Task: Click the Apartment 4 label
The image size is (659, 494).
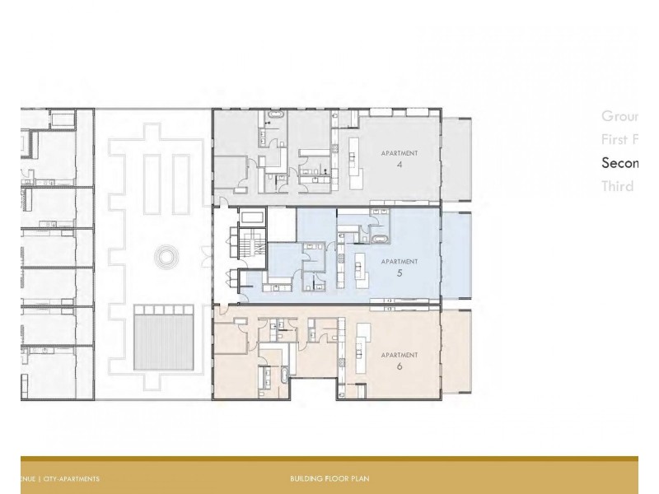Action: (399, 158)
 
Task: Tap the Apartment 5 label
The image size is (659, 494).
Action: (399, 266)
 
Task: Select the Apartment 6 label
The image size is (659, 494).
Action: (399, 360)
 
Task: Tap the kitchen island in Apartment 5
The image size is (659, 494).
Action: (359, 268)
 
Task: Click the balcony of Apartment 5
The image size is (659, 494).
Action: (456, 255)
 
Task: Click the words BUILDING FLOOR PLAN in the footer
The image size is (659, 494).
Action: (329, 478)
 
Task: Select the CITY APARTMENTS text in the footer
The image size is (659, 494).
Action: (72, 478)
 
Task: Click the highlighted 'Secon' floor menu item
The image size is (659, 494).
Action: (619, 163)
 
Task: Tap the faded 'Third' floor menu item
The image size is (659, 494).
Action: (618, 186)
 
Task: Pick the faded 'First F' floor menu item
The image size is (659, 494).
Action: (619, 139)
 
